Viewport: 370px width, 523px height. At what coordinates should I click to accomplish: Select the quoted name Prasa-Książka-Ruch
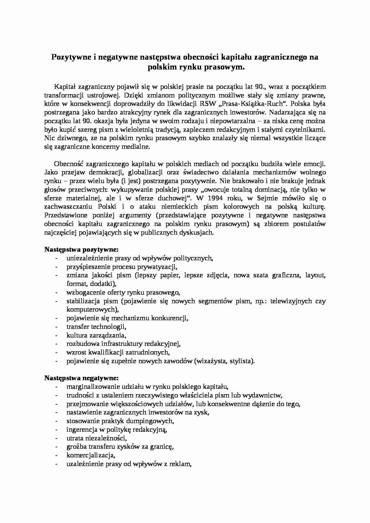[257, 104]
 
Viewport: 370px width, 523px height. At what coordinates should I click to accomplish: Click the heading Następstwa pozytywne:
[81, 249]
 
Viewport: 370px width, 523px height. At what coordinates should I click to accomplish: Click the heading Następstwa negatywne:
[81, 378]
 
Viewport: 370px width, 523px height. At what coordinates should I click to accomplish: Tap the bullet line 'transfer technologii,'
[94, 327]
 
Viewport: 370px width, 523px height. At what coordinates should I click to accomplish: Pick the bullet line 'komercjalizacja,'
[91, 456]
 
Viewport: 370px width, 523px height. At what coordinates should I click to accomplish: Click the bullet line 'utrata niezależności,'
[96, 438]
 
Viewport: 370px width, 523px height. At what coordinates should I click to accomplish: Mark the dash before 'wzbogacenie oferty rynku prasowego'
[56, 293]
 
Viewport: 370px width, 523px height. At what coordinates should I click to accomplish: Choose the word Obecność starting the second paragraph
[69, 164]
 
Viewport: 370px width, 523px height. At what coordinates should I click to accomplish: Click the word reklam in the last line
[182, 464]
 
